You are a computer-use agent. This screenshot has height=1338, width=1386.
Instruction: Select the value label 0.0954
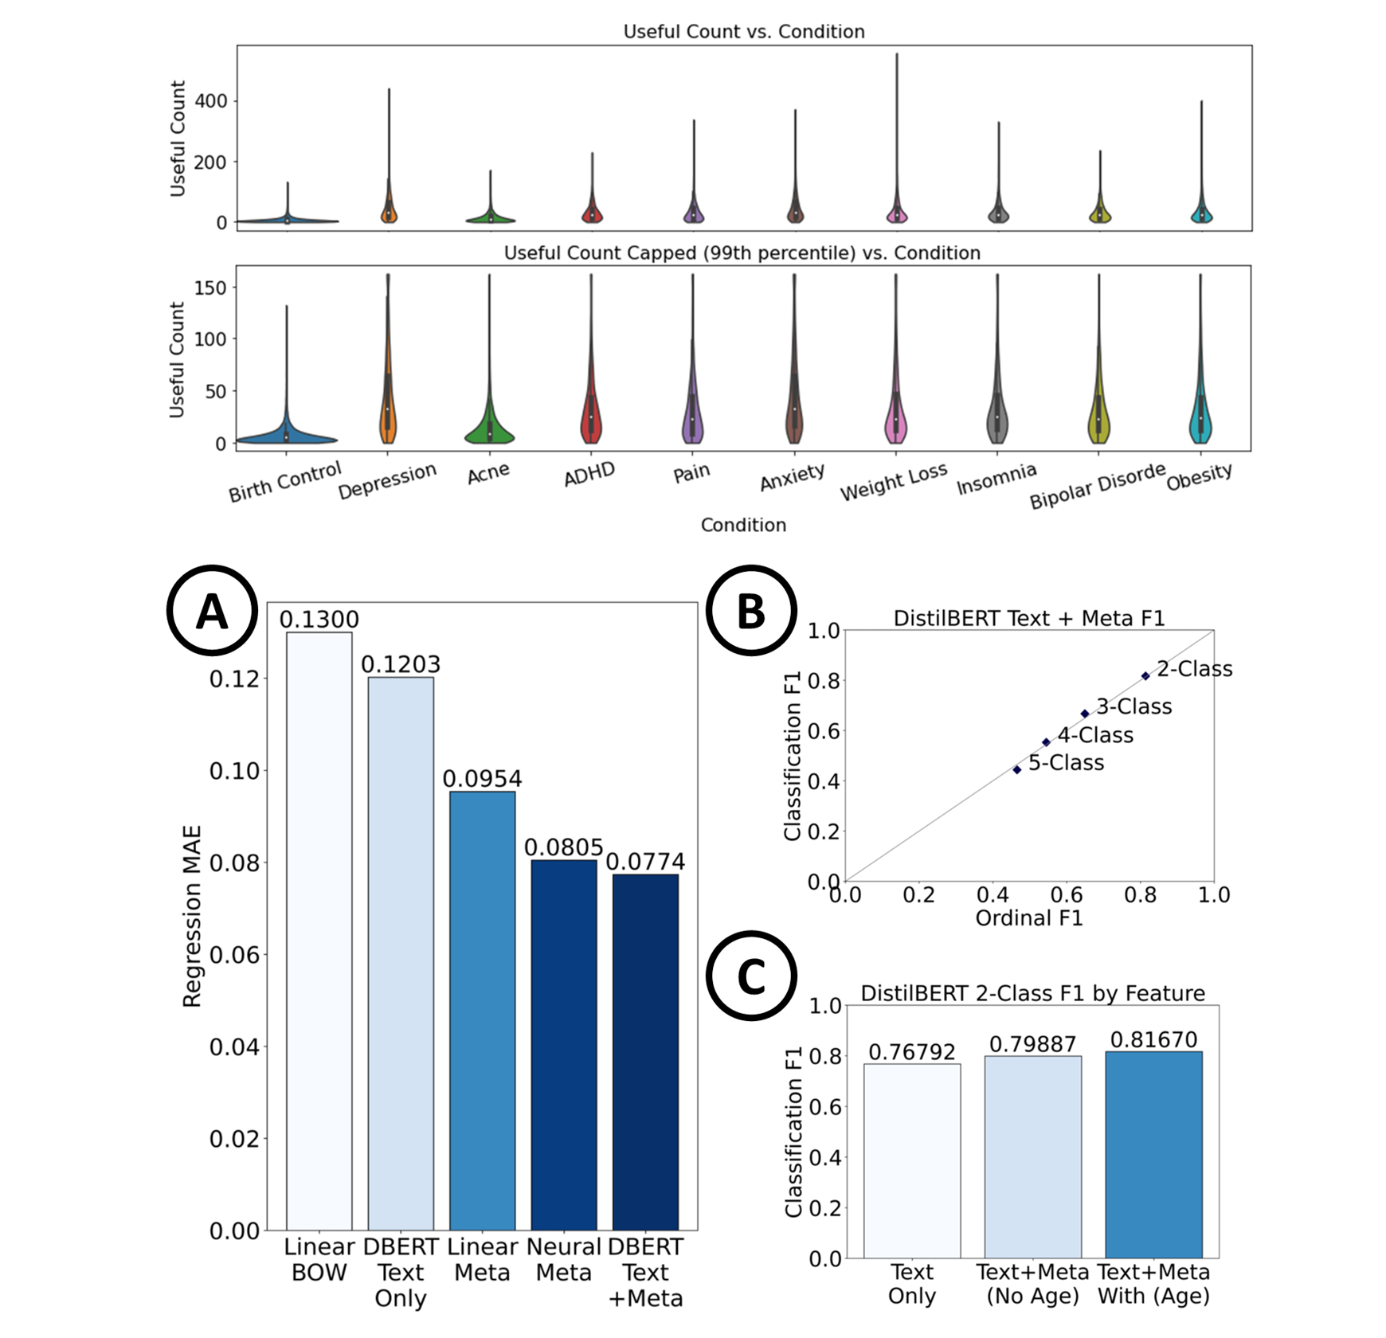[482, 778]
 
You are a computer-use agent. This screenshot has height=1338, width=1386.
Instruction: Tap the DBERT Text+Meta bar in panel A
[645, 1051]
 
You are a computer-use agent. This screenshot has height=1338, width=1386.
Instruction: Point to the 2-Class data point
[1145, 676]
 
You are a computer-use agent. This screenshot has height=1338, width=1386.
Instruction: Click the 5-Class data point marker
[1017, 770]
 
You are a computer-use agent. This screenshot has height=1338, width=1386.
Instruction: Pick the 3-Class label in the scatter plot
[1133, 706]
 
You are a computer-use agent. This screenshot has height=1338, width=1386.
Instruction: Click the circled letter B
[751, 611]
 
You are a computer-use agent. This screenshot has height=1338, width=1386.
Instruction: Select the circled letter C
[751, 976]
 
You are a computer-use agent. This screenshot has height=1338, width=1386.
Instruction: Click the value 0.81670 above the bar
[1153, 1039]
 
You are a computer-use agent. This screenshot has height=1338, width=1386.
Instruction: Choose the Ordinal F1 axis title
[1029, 918]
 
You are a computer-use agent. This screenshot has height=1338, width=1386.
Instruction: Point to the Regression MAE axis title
[193, 916]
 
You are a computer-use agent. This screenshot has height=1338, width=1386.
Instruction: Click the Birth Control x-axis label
[284, 482]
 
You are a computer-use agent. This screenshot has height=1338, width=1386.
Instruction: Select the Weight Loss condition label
[894, 482]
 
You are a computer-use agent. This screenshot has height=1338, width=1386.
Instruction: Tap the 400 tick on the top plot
[211, 101]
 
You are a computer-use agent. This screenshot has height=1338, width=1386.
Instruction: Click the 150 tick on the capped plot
[211, 288]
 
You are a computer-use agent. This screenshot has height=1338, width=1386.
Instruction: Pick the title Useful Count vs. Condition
[744, 32]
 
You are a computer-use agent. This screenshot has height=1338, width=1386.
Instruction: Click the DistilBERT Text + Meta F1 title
[1029, 618]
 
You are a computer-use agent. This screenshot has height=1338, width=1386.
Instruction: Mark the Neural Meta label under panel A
[563, 1259]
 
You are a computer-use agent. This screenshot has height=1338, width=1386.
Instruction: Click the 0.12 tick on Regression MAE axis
[234, 679]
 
